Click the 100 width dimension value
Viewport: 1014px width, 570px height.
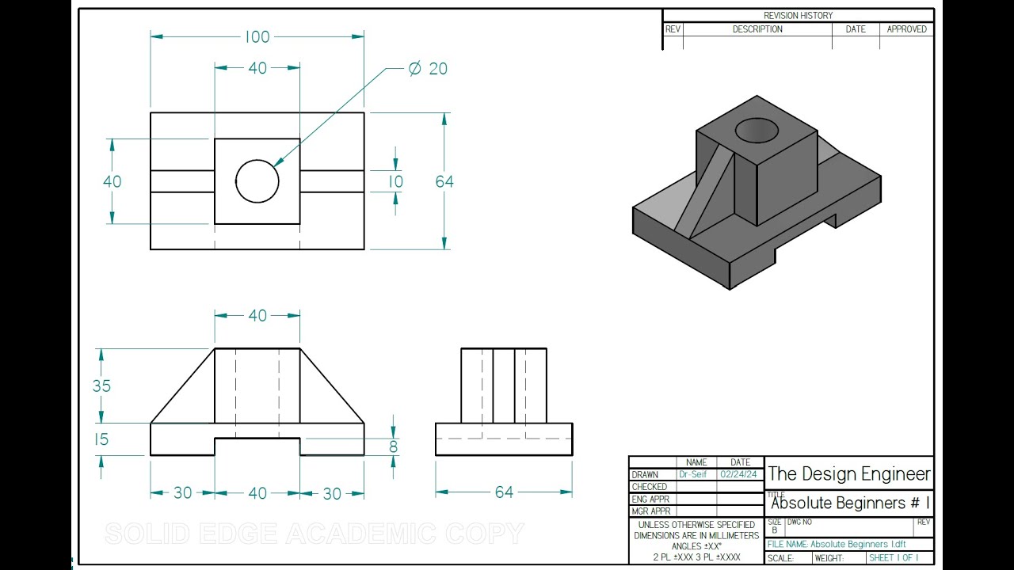click(257, 36)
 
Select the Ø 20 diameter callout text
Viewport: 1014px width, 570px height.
click(428, 69)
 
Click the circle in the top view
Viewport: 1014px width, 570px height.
click(257, 180)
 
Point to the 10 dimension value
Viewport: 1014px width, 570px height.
click(395, 181)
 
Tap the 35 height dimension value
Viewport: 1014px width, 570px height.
click(101, 386)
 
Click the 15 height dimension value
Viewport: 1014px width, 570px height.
click(101, 439)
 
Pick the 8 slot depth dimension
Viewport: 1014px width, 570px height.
click(393, 446)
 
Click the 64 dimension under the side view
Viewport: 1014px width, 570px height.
click(504, 492)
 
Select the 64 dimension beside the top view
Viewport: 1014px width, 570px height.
click(444, 181)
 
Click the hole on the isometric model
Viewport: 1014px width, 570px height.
click(757, 131)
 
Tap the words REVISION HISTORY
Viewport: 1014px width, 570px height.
click(798, 16)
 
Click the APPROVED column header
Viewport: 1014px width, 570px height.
click(906, 29)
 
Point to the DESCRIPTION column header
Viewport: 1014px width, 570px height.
click(757, 29)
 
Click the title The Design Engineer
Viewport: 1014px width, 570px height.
click(849, 473)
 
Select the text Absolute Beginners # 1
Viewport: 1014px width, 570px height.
click(850, 503)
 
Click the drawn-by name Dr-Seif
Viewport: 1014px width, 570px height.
click(692, 474)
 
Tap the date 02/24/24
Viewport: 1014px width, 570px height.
click(738, 474)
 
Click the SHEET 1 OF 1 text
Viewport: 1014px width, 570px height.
click(894, 558)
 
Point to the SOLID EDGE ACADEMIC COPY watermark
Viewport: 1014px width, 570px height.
click(314, 534)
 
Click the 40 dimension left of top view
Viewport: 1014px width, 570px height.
click(112, 181)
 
